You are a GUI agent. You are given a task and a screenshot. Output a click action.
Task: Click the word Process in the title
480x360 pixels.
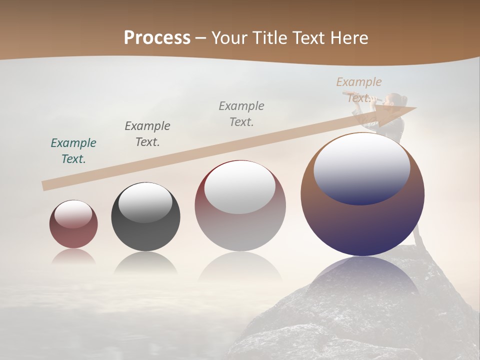[157, 38]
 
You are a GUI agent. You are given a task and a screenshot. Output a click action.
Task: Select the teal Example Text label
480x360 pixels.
[73, 151]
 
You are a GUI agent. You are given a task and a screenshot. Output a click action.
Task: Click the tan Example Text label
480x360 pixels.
[358, 90]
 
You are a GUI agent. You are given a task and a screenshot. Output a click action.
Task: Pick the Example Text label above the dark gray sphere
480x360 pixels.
[147, 134]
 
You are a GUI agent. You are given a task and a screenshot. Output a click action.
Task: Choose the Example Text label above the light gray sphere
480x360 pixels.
[241, 114]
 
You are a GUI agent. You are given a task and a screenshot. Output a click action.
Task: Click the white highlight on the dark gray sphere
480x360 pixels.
[145, 202]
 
